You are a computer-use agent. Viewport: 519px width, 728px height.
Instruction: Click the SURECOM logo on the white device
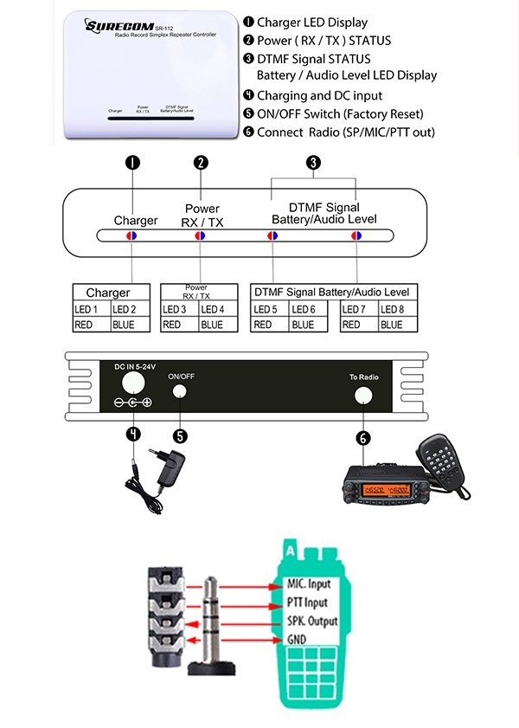pos(114,26)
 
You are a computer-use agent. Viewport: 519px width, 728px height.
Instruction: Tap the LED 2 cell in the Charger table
pos(125,309)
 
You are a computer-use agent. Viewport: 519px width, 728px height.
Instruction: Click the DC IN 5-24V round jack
pos(132,382)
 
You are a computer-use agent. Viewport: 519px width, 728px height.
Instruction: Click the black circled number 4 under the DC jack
pos(132,433)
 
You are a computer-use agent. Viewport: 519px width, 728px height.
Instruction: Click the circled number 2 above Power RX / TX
pos(201,162)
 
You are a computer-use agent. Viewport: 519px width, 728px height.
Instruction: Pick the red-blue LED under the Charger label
pos(131,235)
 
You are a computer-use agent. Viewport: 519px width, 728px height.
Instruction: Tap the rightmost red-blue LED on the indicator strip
pos(356,235)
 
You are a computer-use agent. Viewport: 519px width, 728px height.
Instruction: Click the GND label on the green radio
pos(297,638)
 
